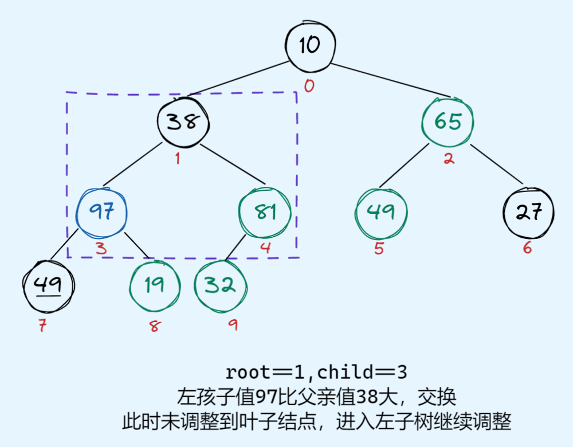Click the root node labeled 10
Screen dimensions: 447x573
tap(310, 45)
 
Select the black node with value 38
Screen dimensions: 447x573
tap(183, 121)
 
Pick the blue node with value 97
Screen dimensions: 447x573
tap(101, 212)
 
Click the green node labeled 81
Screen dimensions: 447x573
tap(264, 212)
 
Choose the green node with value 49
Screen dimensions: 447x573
tap(380, 212)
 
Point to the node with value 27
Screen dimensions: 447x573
tap(529, 212)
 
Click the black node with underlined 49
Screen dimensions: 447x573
tap(49, 285)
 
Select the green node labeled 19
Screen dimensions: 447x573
tap(154, 285)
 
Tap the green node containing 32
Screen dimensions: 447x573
tap(221, 285)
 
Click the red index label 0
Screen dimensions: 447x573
tap(309, 87)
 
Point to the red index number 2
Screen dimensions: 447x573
tap(449, 158)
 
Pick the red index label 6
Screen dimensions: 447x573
tap(528, 248)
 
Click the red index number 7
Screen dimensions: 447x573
tap(42, 327)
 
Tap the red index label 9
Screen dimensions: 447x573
tap(232, 325)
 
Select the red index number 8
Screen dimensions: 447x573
tap(154, 327)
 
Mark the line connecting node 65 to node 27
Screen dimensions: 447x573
tap(497, 166)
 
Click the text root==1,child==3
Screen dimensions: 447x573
tap(316, 372)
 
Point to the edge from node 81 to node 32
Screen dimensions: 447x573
tap(236, 248)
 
